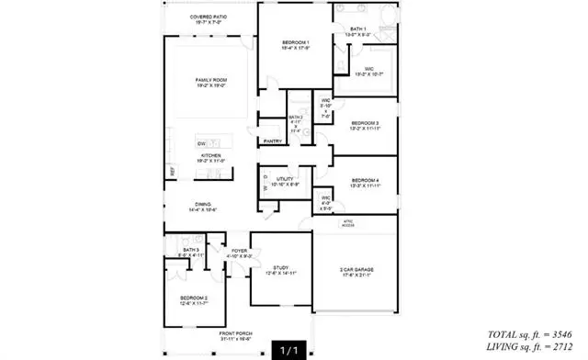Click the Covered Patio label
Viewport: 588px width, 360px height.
pos(209,17)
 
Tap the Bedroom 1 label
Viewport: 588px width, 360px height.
pos(295,43)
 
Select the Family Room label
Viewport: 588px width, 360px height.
pos(210,81)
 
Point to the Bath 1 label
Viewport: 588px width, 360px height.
pos(358,29)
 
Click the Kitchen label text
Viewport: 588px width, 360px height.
pos(211,156)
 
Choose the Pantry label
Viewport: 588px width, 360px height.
pos(273,141)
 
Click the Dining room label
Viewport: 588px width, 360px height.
pos(203,205)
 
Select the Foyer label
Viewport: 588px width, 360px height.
pos(239,251)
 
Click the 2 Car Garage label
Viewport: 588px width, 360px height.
pos(356,268)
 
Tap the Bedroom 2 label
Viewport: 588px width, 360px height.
pos(193,298)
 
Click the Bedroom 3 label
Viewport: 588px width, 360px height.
pos(364,123)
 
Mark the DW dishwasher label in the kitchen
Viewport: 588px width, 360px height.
pos(200,143)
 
